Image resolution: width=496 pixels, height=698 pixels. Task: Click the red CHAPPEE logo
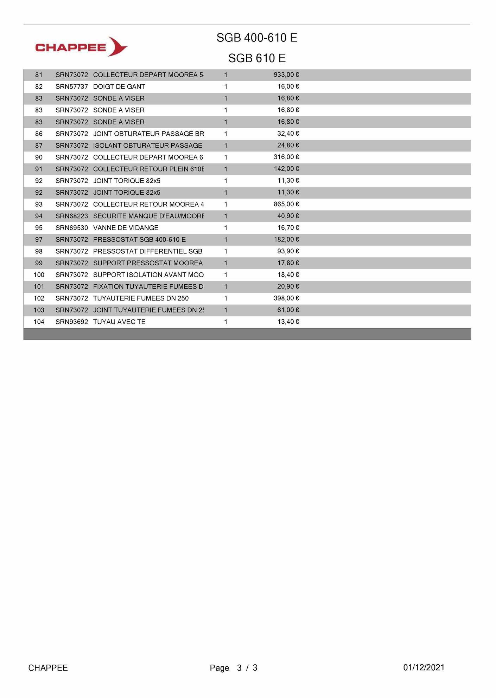(81, 47)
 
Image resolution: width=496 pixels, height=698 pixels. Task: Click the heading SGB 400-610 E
(257, 38)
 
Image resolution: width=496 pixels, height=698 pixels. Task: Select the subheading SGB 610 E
(257, 58)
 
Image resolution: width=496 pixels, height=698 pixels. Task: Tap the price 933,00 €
(286, 75)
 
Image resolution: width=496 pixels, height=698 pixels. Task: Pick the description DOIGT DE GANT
(119, 86)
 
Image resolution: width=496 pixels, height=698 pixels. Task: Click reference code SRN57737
(71, 86)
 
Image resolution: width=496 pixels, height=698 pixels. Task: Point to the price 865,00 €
(286, 204)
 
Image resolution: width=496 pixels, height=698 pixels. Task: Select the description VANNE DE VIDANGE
(126, 228)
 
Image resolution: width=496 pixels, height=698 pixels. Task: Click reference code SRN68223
(71, 216)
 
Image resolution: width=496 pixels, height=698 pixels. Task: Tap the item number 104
(39, 322)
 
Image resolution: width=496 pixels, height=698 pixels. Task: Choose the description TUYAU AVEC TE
(119, 322)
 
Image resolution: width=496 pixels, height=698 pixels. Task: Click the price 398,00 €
(286, 298)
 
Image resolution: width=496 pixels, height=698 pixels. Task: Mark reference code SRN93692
(71, 322)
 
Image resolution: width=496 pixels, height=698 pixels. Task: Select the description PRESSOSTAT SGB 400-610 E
(139, 240)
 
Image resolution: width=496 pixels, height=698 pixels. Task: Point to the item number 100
(39, 275)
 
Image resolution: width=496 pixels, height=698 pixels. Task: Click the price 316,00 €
(286, 157)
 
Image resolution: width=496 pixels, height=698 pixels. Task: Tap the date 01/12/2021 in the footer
(424, 667)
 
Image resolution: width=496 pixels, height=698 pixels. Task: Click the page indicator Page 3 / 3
(234, 668)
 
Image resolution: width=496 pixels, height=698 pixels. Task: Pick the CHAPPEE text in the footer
(48, 668)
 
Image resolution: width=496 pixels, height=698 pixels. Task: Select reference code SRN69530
(71, 228)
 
